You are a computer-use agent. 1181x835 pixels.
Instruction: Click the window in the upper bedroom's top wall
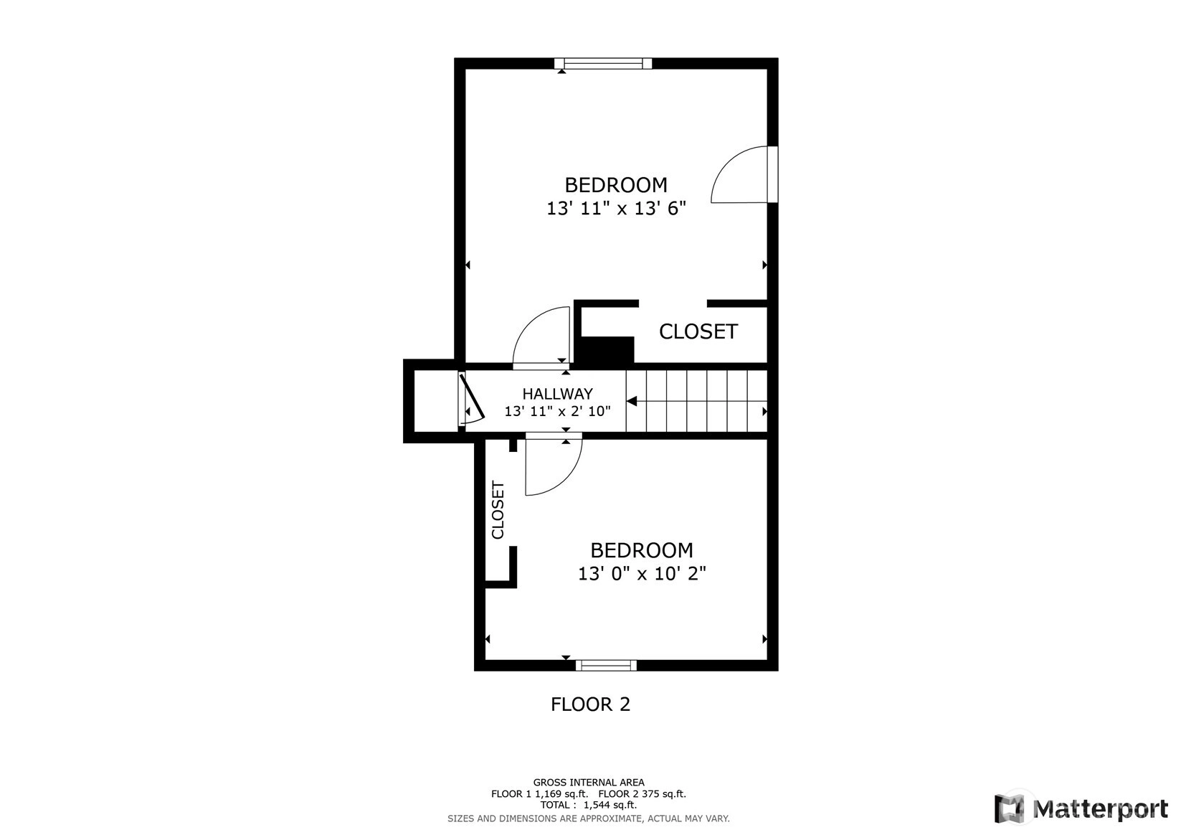click(x=602, y=64)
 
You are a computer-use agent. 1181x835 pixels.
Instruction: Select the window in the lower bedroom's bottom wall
click(x=606, y=665)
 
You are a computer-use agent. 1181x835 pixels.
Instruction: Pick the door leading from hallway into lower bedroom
click(x=554, y=464)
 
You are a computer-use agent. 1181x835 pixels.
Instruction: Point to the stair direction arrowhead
click(x=632, y=402)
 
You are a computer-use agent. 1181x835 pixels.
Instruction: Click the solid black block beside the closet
click(x=607, y=350)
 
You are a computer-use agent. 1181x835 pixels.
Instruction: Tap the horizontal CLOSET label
click(x=698, y=332)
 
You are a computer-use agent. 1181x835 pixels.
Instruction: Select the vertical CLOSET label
click(x=498, y=509)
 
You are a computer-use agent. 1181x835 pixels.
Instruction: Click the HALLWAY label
click(x=557, y=394)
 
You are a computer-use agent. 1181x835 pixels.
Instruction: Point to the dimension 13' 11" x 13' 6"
click(x=616, y=209)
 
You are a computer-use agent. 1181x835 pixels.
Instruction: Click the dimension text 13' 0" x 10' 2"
click(x=642, y=573)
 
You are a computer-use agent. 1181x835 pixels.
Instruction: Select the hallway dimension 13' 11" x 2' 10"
click(x=557, y=411)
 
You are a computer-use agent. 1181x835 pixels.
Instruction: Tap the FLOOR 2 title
click(x=591, y=704)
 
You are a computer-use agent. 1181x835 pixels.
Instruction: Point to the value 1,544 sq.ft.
click(x=610, y=805)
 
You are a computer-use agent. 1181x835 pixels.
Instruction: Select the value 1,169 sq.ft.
click(x=561, y=794)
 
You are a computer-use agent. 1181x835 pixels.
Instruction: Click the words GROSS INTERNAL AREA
click(x=589, y=783)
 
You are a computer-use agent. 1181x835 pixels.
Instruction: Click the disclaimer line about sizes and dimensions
click(x=589, y=819)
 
